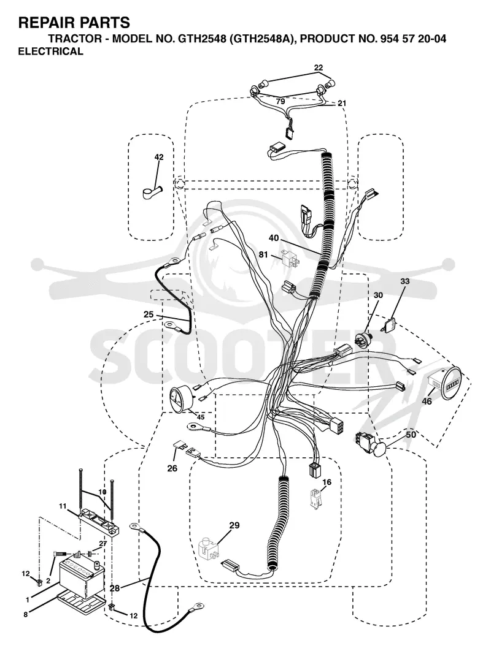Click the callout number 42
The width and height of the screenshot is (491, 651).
point(159,157)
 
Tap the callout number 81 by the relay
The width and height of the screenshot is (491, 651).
point(263,254)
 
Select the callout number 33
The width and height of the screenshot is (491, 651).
point(404,281)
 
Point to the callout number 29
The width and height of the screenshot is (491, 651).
point(234,525)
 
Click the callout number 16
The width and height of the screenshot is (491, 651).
point(327,482)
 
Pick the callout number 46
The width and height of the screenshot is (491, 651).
point(427,402)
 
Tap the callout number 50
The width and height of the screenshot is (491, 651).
point(411,435)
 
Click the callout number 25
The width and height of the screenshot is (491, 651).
point(149,314)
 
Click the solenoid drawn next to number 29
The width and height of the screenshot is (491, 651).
point(209,548)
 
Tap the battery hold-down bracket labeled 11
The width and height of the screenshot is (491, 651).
point(99,520)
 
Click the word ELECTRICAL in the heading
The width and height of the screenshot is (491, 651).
point(51,51)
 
